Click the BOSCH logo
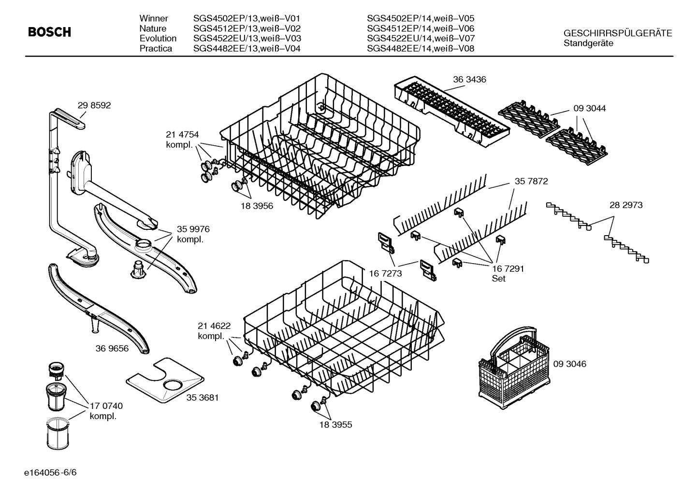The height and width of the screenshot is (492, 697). click(x=49, y=32)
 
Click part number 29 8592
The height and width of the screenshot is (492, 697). click(x=94, y=105)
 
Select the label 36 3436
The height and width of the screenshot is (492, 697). click(x=469, y=79)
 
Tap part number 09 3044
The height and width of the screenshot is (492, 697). click(x=589, y=109)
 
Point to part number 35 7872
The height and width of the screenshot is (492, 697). click(x=531, y=182)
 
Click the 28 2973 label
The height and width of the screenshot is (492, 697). click(x=626, y=205)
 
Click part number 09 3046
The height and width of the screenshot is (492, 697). click(x=569, y=364)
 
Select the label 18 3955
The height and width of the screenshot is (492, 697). click(x=335, y=425)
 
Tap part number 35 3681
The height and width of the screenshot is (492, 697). click(x=203, y=398)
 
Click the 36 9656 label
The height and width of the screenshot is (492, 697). click(x=112, y=348)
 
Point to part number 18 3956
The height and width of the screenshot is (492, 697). click(x=257, y=206)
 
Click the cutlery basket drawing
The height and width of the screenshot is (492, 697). click(x=513, y=367)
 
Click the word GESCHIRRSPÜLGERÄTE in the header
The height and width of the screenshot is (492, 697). click(x=617, y=33)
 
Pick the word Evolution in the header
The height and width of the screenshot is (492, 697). click(x=158, y=39)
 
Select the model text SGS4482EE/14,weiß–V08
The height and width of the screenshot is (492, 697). click(x=421, y=49)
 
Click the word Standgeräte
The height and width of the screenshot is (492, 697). click(x=588, y=43)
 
